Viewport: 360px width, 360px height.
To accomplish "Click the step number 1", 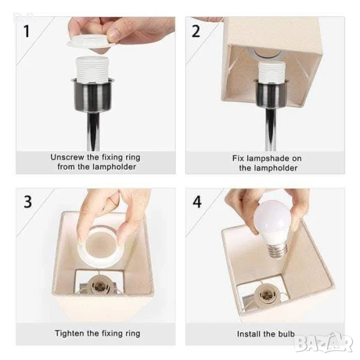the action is (x=27, y=31).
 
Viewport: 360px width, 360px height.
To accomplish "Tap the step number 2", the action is (x=196, y=31).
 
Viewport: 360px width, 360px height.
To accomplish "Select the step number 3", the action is (x=28, y=202).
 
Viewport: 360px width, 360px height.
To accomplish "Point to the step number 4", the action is (x=197, y=202).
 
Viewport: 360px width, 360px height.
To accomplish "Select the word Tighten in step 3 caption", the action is (x=69, y=334).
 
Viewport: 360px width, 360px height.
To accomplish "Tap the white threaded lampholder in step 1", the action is (x=92, y=69).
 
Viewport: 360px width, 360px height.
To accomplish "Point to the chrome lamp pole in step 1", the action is (x=93, y=131).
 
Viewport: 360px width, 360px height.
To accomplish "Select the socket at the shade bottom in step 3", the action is (x=99, y=284).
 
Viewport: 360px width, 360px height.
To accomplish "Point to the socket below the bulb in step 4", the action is (x=266, y=294).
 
